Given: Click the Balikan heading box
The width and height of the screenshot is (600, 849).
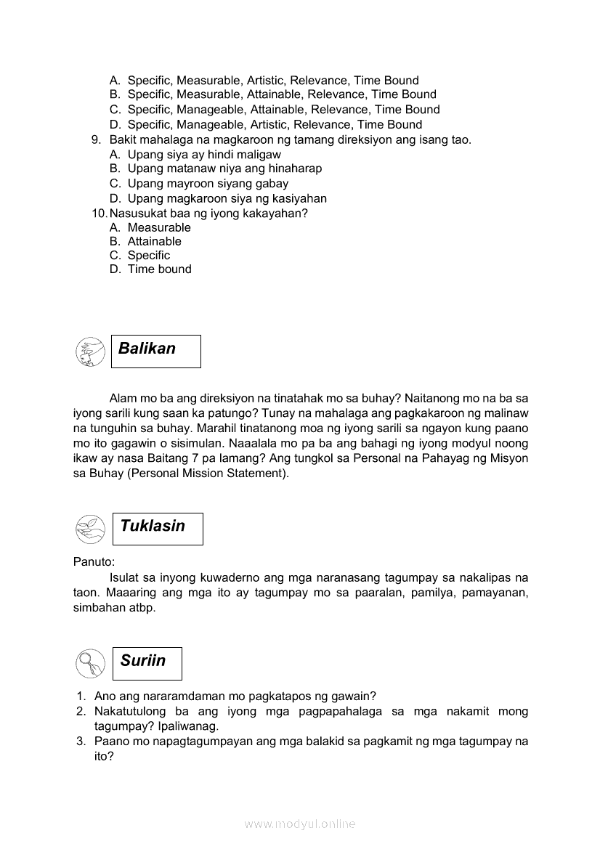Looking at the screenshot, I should click(x=155, y=351).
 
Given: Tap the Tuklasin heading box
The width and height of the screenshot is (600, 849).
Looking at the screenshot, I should click(x=158, y=528).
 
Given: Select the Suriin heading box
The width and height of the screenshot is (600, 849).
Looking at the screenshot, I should click(x=147, y=663).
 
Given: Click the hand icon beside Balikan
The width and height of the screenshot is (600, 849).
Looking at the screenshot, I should click(x=90, y=352).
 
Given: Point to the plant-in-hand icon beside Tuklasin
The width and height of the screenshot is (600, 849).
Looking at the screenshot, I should click(x=90, y=529).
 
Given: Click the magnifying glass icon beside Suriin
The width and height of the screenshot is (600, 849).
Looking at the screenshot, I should click(x=90, y=663).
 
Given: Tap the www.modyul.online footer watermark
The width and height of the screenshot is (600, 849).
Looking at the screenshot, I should click(x=300, y=824).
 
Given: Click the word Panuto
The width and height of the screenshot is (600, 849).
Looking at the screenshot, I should click(x=93, y=561).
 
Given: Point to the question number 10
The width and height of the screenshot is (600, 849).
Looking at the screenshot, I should click(x=100, y=213).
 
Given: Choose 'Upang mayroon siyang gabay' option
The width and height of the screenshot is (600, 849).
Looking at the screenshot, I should click(x=208, y=183).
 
